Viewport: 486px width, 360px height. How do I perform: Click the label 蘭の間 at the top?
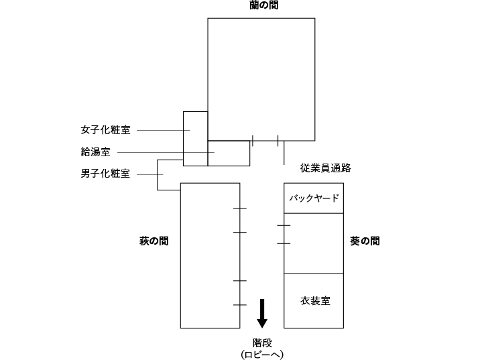261,5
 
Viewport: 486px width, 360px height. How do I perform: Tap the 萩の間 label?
154,241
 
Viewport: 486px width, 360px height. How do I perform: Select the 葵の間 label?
365,241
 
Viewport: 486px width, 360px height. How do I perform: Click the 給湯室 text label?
96,152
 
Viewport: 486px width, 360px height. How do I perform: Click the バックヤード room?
314,198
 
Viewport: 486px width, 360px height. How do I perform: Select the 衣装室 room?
314,301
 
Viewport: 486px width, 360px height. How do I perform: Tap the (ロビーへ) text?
263,354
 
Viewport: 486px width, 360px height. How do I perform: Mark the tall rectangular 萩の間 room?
210,255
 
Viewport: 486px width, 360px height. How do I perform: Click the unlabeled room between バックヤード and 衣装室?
314,243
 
